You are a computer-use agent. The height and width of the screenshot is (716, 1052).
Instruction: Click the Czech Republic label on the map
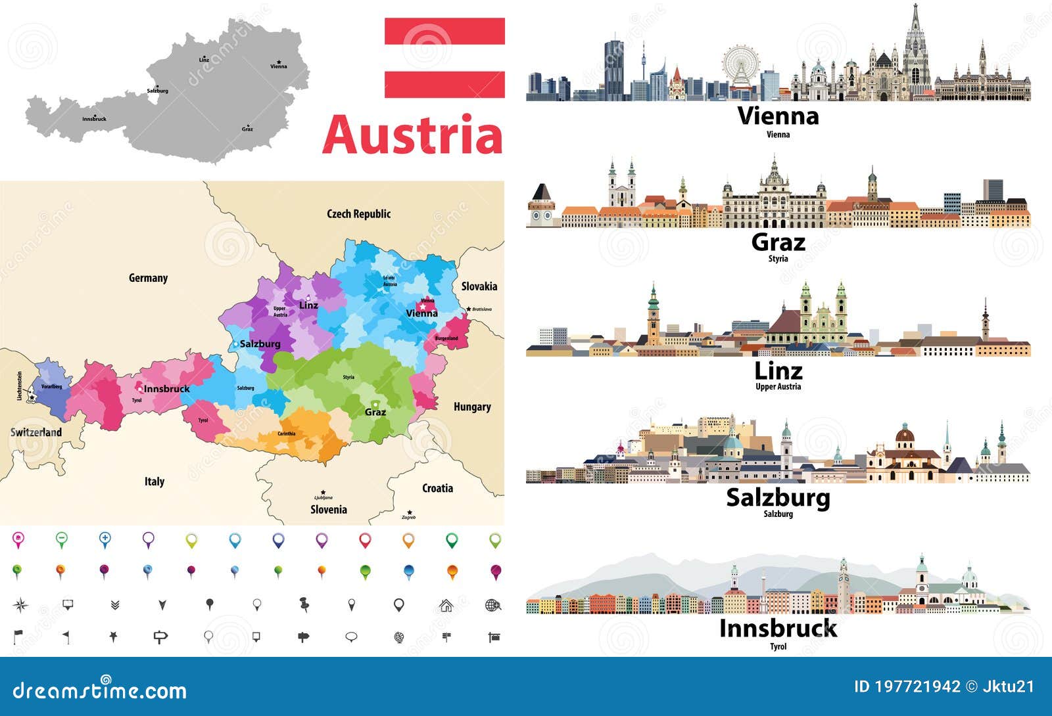click(x=358, y=213)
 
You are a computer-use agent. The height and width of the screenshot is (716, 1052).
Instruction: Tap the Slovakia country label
click(x=479, y=286)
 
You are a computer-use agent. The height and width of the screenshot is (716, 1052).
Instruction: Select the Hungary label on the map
click(x=472, y=407)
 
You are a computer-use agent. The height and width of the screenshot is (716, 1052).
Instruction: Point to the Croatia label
click(x=437, y=488)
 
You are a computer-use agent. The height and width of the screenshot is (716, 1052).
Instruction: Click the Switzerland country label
click(x=36, y=432)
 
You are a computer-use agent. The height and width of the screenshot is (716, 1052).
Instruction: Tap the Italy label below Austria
click(x=155, y=481)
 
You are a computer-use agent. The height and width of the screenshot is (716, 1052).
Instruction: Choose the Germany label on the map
click(x=148, y=278)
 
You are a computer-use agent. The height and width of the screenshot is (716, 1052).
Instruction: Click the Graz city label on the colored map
click(x=375, y=413)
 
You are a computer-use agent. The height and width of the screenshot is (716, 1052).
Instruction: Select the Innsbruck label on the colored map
click(x=166, y=389)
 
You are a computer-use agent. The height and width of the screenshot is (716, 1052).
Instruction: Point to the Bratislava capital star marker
click(x=469, y=309)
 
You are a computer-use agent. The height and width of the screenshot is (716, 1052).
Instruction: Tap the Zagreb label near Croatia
click(x=408, y=518)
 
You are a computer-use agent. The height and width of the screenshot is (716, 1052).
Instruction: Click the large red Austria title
click(x=412, y=135)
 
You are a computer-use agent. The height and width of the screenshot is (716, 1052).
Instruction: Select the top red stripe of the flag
click(x=444, y=31)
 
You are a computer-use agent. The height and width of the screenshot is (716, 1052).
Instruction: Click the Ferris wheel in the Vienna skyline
click(x=740, y=66)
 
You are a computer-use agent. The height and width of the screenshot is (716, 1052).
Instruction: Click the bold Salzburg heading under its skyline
click(x=778, y=497)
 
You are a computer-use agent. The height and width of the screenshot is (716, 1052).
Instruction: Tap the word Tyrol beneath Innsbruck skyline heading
click(x=778, y=646)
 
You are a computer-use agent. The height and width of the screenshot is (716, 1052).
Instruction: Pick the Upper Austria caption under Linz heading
click(x=778, y=387)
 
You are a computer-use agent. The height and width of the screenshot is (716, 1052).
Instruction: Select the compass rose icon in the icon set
click(x=20, y=605)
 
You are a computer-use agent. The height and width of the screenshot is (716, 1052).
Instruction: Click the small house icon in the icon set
click(x=446, y=605)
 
